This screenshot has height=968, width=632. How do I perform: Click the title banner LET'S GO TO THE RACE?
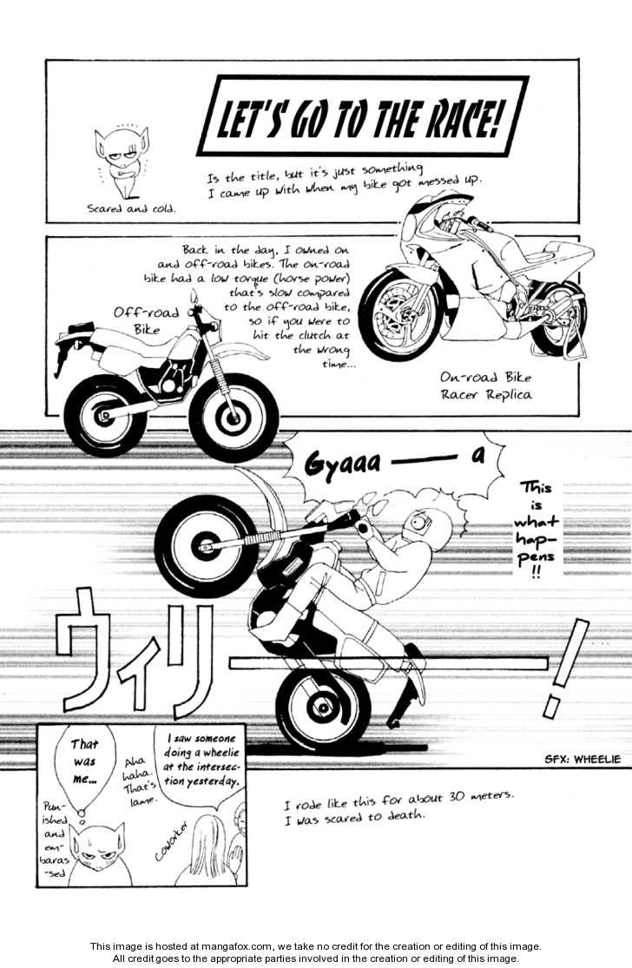point(362,115)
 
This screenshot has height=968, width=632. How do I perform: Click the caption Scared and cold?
point(131,208)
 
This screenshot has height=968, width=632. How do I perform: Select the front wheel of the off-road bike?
point(233,416)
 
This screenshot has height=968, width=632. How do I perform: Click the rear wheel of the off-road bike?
point(106,416)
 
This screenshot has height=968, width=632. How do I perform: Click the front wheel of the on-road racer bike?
point(402,313)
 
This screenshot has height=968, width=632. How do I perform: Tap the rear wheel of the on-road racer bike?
point(557,318)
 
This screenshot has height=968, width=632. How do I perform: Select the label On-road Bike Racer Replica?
point(485,385)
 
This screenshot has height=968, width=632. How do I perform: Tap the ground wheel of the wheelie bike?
point(322,709)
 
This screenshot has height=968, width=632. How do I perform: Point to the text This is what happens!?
point(537,529)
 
